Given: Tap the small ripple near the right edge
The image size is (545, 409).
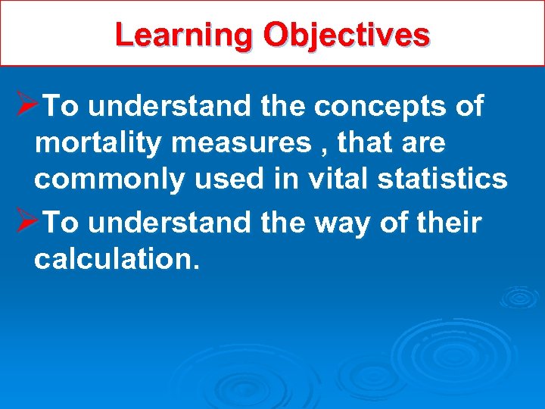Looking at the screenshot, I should click(520, 296).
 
